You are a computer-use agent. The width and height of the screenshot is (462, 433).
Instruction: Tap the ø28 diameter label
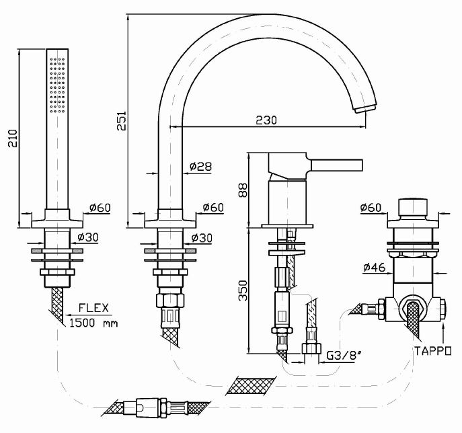[x=201, y=165]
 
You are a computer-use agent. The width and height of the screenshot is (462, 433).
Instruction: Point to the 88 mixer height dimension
[x=243, y=190]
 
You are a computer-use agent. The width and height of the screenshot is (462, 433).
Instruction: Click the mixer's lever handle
[x=336, y=165]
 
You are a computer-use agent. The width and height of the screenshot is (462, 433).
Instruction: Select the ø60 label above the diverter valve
[x=371, y=208]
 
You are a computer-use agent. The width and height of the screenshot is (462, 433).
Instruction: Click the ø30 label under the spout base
[x=202, y=237]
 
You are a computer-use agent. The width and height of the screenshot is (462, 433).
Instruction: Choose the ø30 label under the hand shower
[x=89, y=237]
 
